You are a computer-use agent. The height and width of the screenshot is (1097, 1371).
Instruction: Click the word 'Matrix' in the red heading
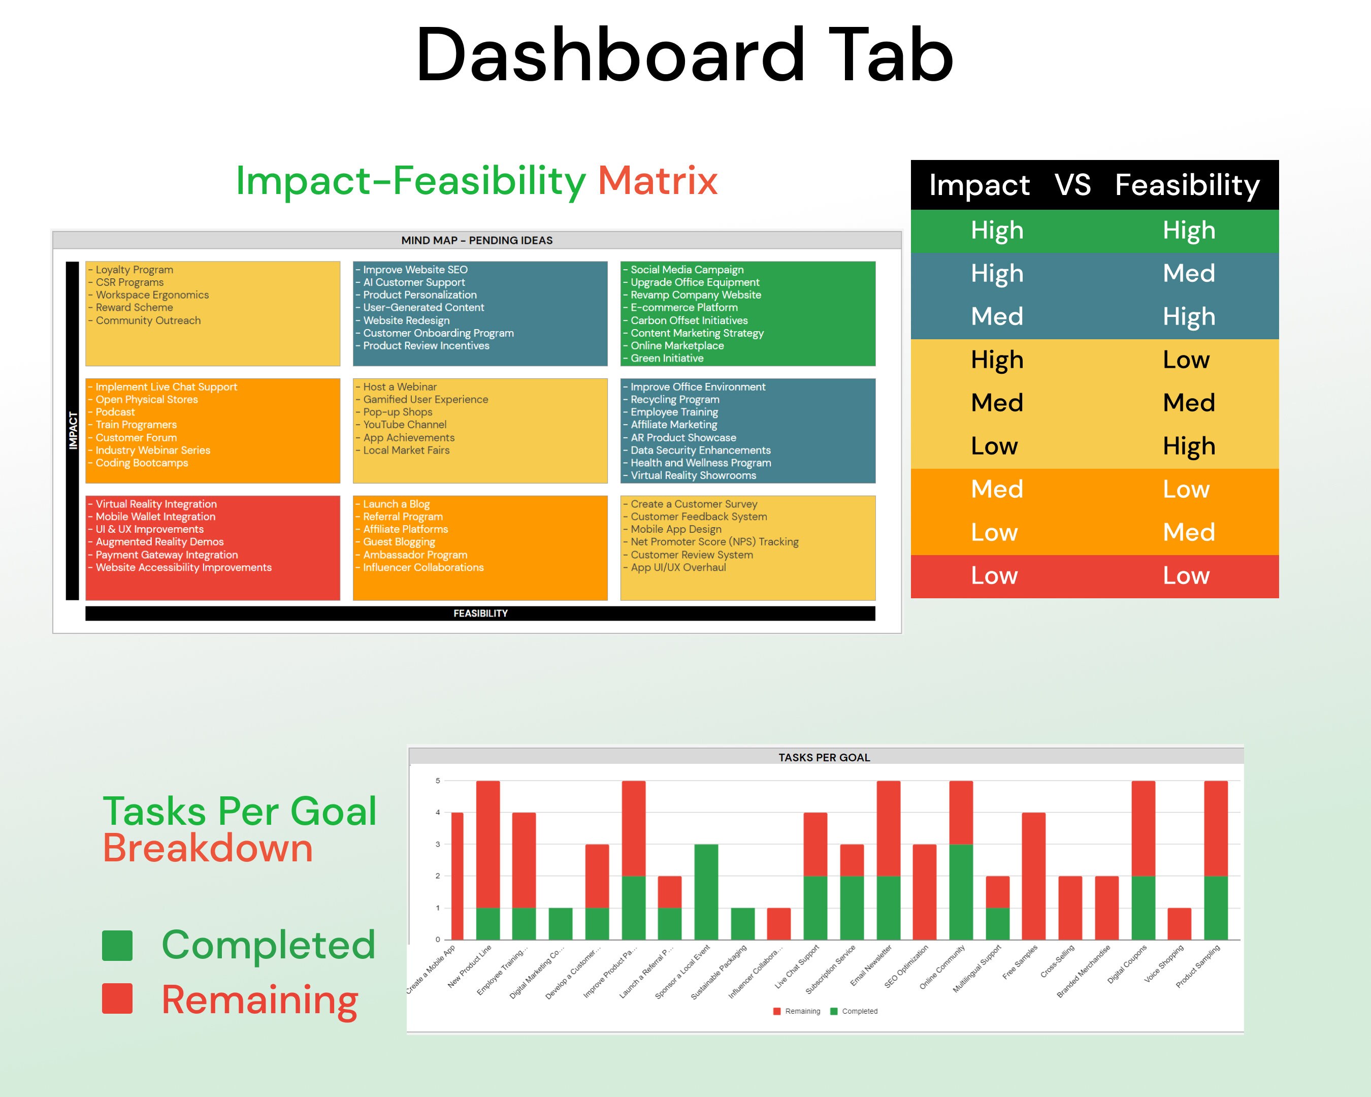(x=658, y=181)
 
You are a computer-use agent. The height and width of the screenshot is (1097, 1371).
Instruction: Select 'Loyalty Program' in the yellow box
(x=134, y=270)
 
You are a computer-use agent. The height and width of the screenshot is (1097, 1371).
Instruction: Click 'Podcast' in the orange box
(x=115, y=412)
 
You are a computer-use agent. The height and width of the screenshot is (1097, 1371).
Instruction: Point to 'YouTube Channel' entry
(x=404, y=425)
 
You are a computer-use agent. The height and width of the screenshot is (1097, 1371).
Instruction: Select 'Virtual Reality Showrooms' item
(x=693, y=476)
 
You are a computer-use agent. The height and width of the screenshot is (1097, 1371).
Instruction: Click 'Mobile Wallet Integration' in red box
(x=155, y=517)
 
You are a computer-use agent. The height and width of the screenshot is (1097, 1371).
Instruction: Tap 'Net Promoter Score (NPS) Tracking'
(x=714, y=542)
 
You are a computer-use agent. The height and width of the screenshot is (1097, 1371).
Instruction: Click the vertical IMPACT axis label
(x=73, y=431)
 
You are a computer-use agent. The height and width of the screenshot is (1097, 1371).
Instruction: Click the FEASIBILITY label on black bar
(x=480, y=613)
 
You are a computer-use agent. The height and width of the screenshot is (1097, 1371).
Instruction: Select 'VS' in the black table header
(x=1072, y=185)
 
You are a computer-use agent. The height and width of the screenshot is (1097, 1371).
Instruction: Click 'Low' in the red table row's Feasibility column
(x=1185, y=575)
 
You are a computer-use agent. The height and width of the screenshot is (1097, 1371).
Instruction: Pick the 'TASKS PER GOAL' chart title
(x=824, y=757)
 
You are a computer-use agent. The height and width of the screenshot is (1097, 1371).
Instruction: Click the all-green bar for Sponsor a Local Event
(x=706, y=892)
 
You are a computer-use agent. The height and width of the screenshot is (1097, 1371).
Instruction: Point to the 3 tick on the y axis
(x=438, y=845)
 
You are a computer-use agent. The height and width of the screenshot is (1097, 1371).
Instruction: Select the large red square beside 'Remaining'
(x=117, y=998)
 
